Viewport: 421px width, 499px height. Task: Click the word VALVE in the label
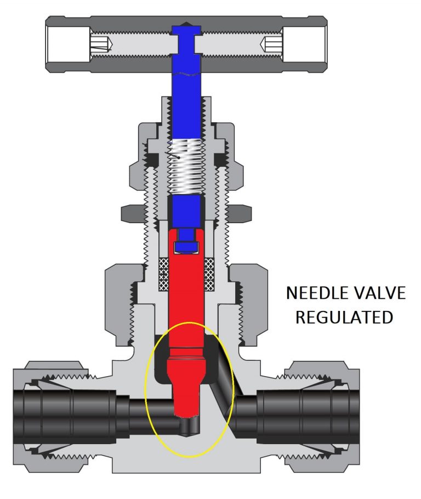(x=379, y=294)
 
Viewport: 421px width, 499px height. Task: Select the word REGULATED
(x=344, y=317)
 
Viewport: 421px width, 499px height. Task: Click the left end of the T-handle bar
(x=55, y=44)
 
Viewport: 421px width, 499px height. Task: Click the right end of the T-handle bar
(x=321, y=44)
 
